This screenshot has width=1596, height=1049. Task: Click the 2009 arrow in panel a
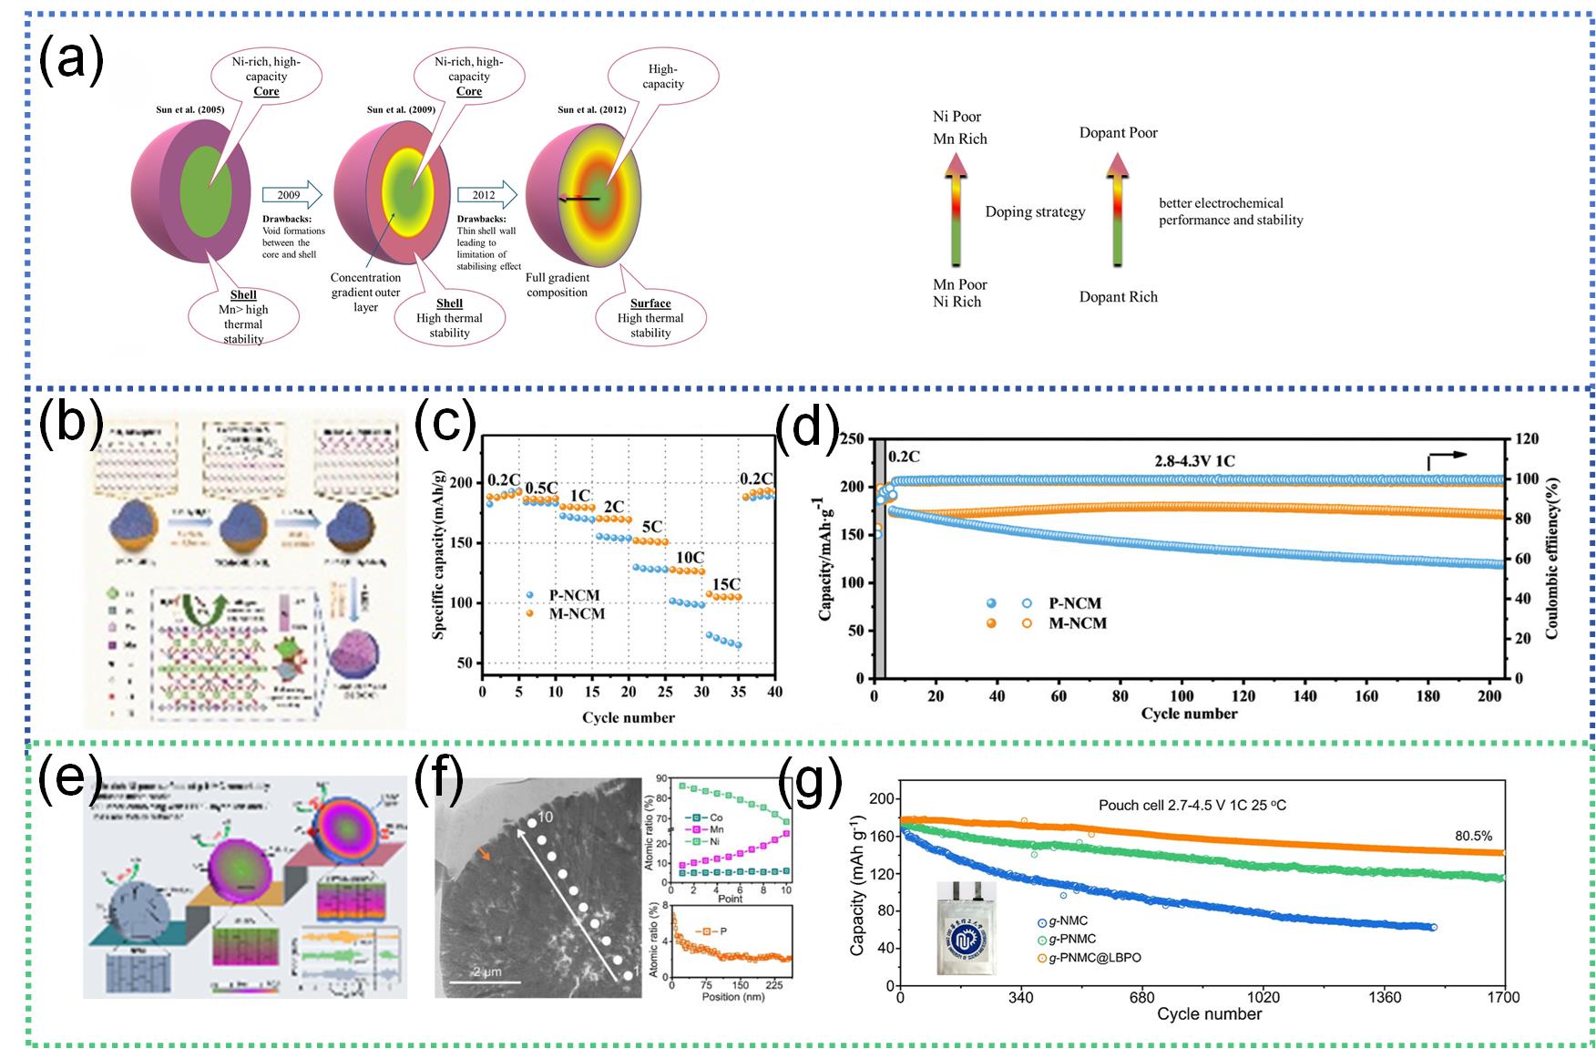(292, 194)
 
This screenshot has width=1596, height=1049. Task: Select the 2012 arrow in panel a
(486, 194)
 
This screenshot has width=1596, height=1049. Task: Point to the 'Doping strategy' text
(1035, 212)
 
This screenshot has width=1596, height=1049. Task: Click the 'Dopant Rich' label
(1118, 297)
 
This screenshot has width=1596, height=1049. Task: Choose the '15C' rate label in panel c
(725, 584)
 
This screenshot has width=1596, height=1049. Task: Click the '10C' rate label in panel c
(689, 558)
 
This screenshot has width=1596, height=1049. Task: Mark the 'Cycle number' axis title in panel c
(629, 717)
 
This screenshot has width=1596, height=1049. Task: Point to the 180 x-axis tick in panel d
(1427, 696)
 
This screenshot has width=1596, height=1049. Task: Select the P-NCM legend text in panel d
(1075, 603)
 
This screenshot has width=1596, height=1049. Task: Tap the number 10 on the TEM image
(546, 817)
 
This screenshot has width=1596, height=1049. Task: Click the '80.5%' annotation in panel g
(1473, 836)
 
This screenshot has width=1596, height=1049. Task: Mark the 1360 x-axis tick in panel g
(1385, 998)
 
